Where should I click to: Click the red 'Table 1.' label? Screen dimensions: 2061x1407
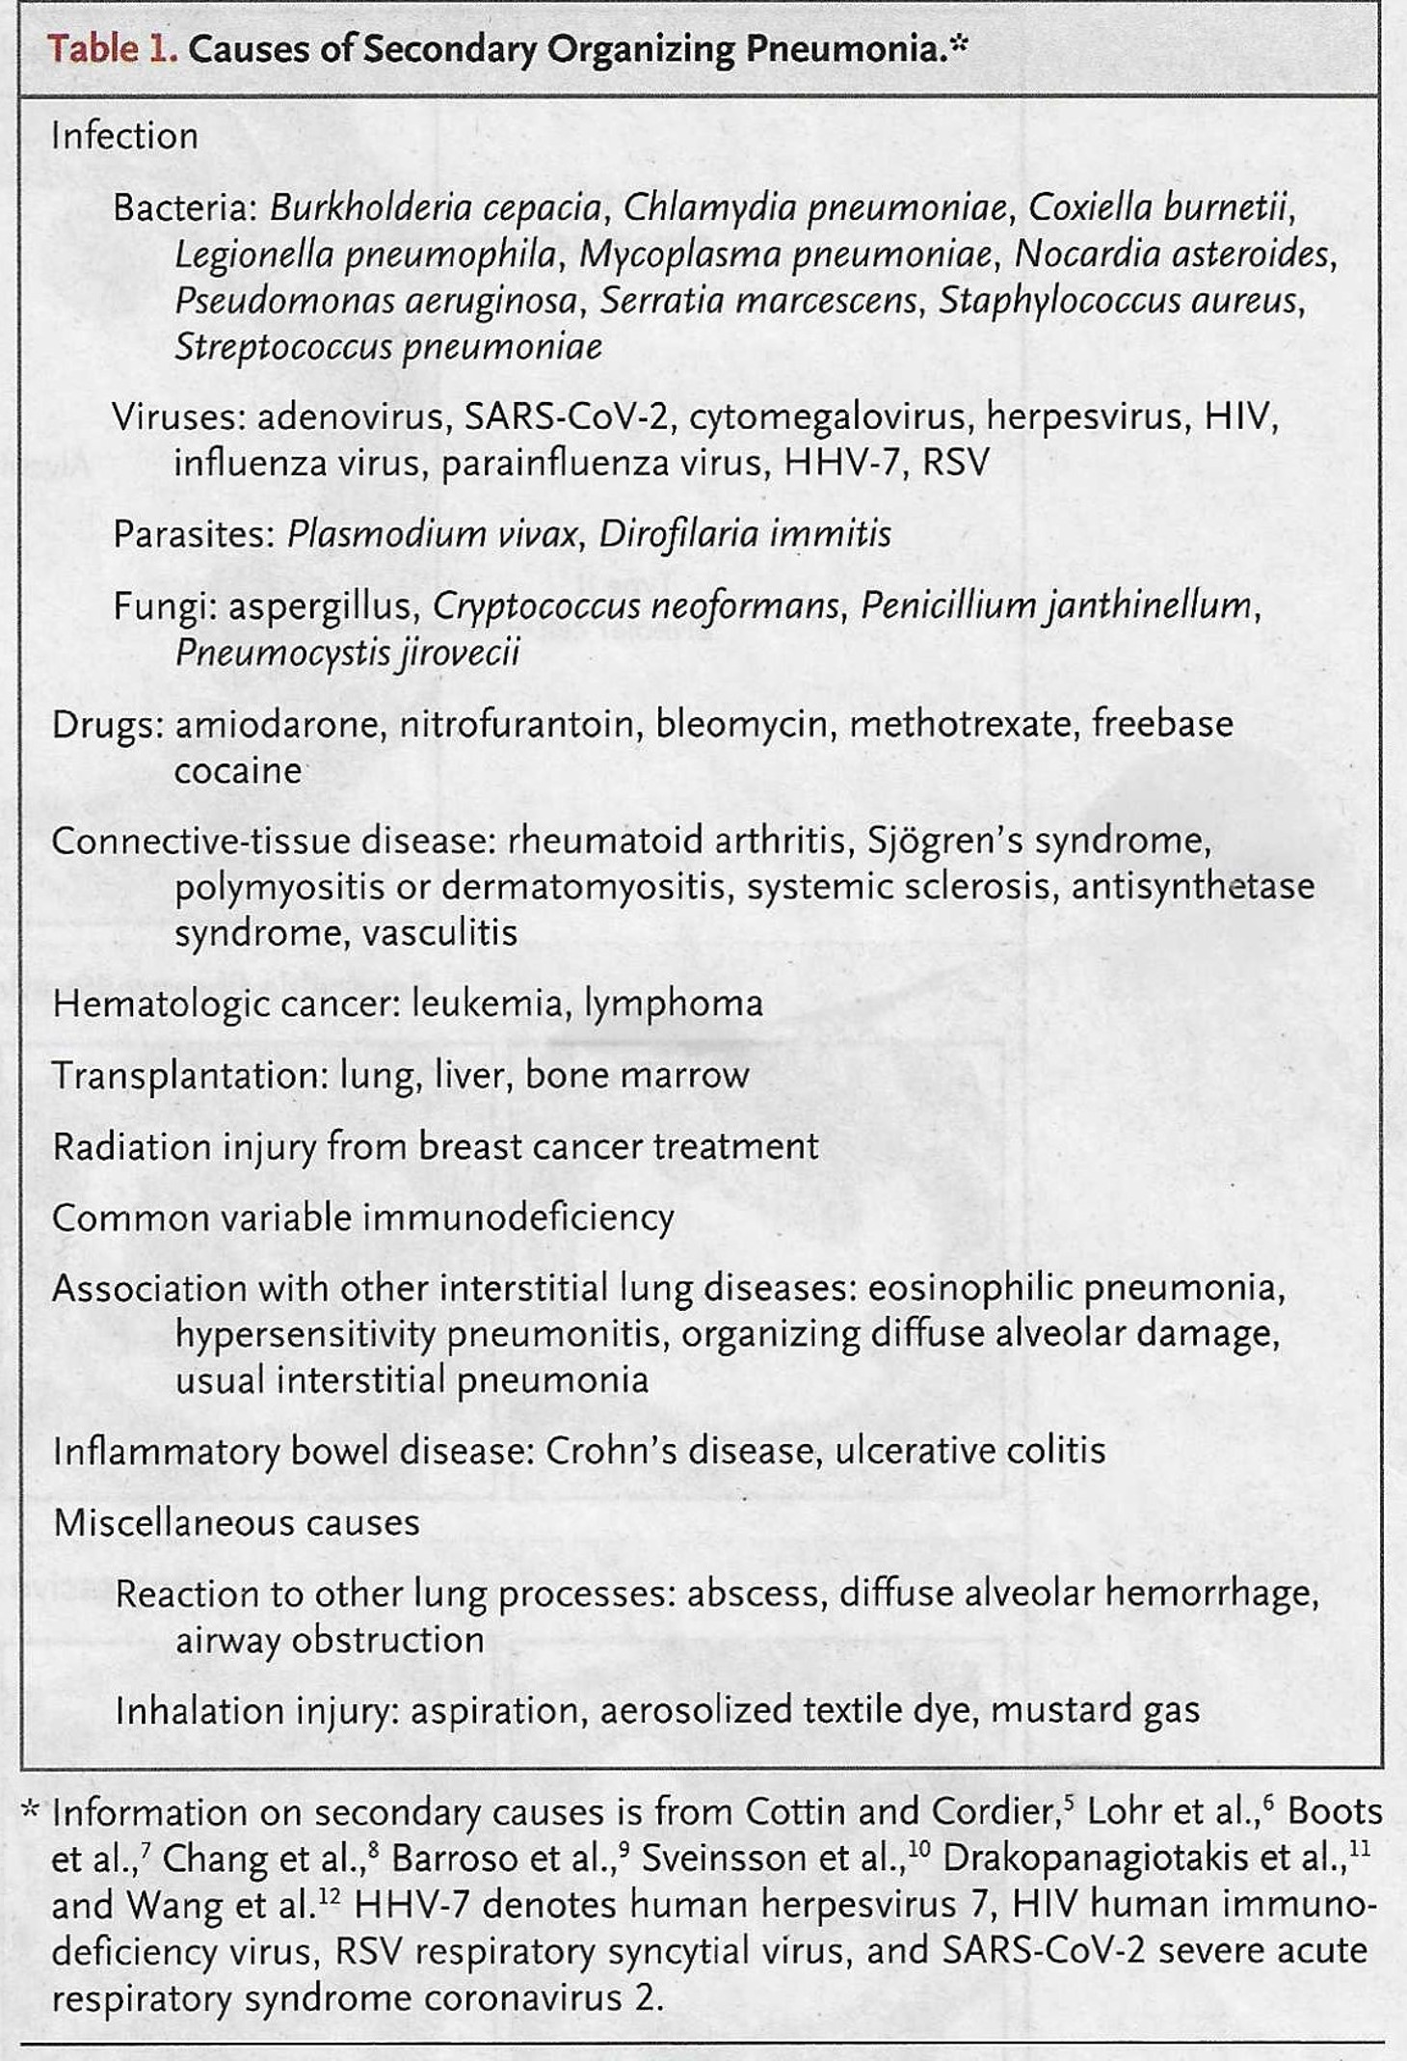(x=112, y=49)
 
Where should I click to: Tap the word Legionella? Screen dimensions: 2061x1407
(x=252, y=254)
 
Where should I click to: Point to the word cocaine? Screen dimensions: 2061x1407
(x=237, y=771)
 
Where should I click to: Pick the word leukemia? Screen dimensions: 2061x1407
(x=487, y=1004)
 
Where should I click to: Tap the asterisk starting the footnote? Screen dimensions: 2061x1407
(x=31, y=1808)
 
